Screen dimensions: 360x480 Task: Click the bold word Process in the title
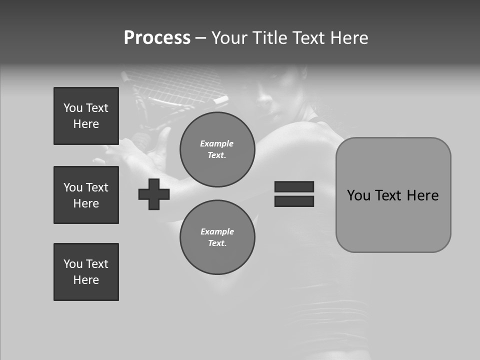point(157,38)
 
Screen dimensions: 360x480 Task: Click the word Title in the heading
point(270,38)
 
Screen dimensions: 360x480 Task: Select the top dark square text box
point(86,116)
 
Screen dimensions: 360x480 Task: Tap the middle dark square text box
point(86,195)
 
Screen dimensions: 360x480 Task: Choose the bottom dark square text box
point(86,271)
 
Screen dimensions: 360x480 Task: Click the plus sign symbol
point(154,194)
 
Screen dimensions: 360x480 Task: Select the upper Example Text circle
point(217,149)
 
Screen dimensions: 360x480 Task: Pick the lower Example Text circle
point(217,237)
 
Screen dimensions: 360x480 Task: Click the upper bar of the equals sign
point(294,186)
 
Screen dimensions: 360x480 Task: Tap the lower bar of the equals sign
point(294,201)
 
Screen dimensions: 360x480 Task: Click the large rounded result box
point(393,220)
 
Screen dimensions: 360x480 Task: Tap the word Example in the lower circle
point(217,231)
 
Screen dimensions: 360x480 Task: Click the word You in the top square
point(72,108)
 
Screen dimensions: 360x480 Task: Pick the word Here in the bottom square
point(86,280)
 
